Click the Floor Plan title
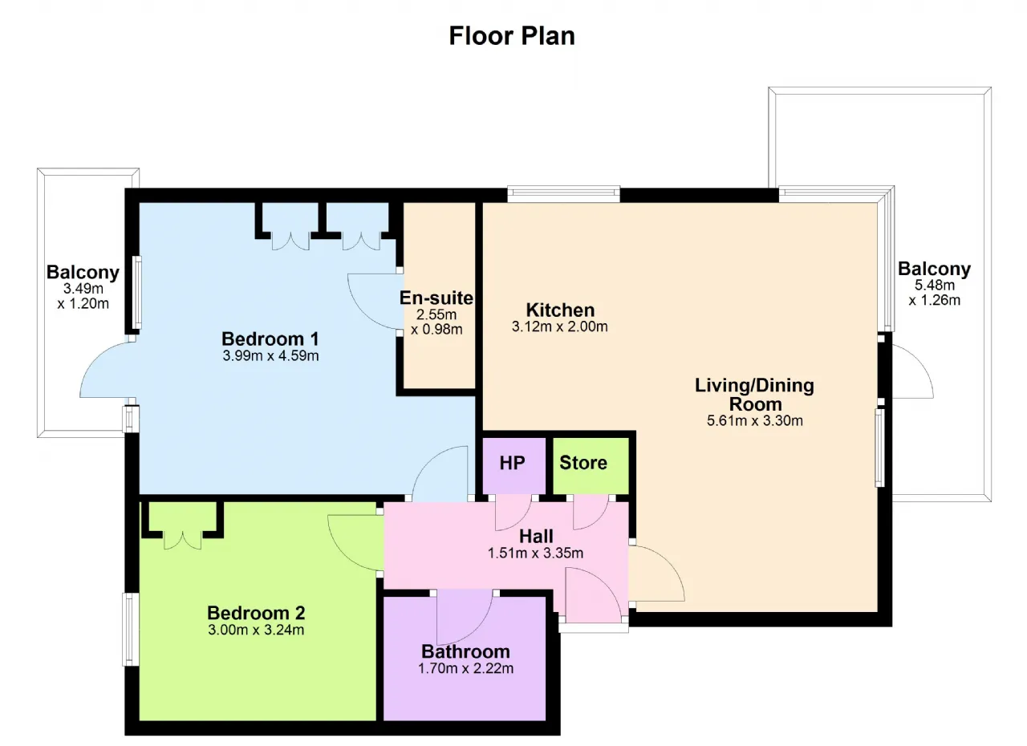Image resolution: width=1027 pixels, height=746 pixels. (x=512, y=36)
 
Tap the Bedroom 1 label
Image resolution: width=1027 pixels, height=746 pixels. (x=270, y=339)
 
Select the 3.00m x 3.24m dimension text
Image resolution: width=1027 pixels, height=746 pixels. (x=256, y=630)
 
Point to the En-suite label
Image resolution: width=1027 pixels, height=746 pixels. (x=436, y=298)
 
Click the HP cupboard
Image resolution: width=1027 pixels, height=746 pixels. (x=513, y=466)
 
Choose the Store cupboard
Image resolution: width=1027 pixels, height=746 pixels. (x=591, y=466)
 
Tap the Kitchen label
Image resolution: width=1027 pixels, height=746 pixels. (x=560, y=310)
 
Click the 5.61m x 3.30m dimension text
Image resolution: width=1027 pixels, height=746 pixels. (x=755, y=420)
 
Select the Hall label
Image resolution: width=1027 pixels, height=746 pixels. (x=536, y=536)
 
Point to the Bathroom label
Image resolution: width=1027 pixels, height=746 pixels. (x=465, y=651)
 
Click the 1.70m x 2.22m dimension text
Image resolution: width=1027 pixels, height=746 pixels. (x=465, y=668)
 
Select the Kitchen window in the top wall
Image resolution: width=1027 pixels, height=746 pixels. (x=563, y=194)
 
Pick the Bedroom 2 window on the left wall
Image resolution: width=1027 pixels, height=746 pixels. (x=131, y=629)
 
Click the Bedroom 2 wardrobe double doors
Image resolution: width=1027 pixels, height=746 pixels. (x=182, y=540)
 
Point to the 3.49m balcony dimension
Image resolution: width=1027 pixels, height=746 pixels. (x=83, y=296)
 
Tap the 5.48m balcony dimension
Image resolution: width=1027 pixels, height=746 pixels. (x=935, y=293)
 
